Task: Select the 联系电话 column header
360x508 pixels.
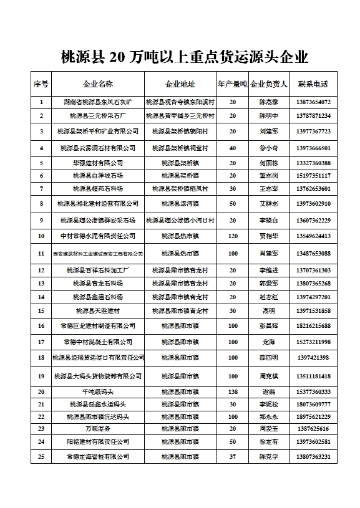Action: click(x=313, y=84)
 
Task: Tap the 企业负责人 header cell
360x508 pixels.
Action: click(x=268, y=84)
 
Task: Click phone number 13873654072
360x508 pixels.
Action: click(x=314, y=102)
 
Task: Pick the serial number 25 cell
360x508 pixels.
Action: click(x=41, y=456)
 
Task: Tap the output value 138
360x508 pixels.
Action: click(x=233, y=391)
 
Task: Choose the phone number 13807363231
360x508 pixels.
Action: click(x=314, y=456)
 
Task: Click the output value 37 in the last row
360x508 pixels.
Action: click(x=233, y=456)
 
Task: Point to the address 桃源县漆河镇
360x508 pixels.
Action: click(x=180, y=203)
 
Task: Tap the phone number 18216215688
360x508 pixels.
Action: click(x=314, y=325)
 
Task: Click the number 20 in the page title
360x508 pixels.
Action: click(x=117, y=58)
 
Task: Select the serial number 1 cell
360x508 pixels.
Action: click(x=41, y=102)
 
